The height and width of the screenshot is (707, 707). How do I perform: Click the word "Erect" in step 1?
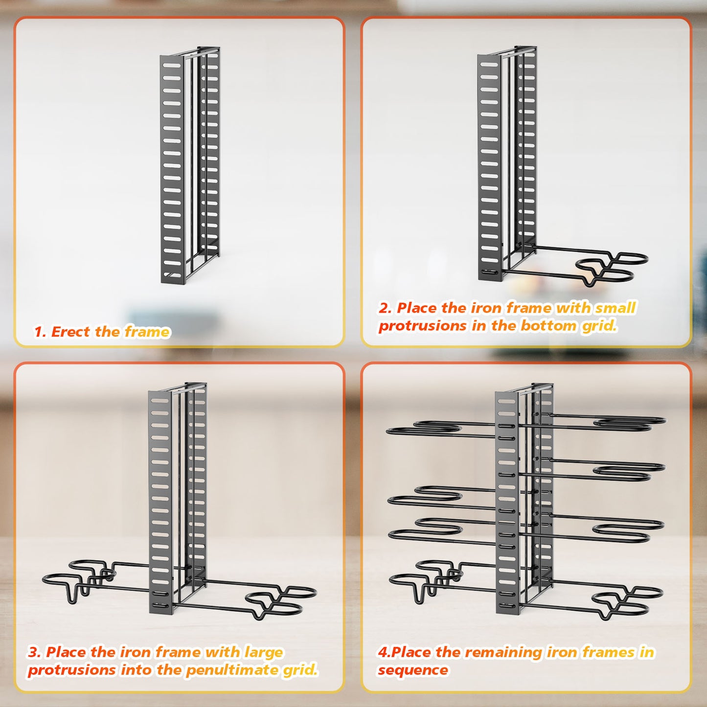pos(71,332)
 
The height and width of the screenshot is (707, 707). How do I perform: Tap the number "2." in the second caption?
pos(385,308)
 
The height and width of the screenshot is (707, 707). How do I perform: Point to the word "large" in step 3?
pos(263,652)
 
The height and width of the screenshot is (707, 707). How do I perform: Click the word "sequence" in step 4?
pos(412,670)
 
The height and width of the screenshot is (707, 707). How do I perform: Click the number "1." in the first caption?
pos(40,332)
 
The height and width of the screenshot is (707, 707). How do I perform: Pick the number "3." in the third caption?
pos(34,652)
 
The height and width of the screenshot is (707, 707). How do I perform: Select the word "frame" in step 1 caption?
pos(147,332)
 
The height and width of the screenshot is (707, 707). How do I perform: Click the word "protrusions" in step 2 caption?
pos(422,325)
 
